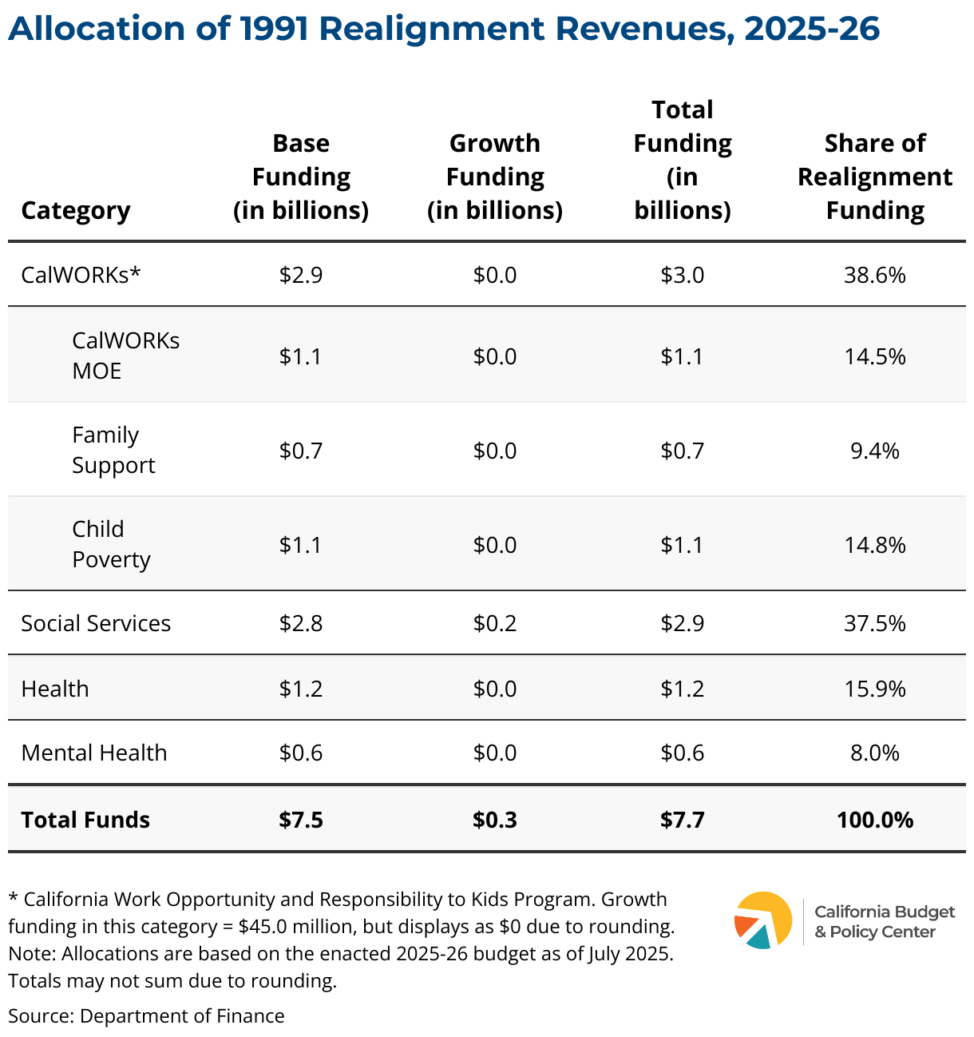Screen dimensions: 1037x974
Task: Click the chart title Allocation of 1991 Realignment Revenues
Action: (444, 29)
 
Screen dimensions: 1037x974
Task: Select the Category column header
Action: (76, 210)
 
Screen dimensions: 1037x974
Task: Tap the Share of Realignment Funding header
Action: (875, 177)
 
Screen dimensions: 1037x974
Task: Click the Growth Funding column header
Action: (495, 177)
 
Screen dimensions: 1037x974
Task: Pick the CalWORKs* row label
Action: (81, 275)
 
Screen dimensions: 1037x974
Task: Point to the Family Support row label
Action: (113, 450)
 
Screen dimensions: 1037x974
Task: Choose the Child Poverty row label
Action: (111, 544)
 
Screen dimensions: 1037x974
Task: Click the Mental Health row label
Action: (94, 753)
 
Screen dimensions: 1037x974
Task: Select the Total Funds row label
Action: (85, 820)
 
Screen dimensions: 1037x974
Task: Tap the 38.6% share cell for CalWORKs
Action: (875, 275)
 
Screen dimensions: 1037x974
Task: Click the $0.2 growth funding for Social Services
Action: (495, 623)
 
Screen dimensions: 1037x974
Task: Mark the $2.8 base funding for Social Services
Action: (301, 623)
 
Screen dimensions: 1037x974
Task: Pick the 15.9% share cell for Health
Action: (875, 689)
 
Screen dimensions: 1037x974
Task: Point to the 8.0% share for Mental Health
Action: (875, 753)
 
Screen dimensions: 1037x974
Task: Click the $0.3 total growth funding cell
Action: (495, 820)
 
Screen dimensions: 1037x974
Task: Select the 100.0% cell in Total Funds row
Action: (875, 820)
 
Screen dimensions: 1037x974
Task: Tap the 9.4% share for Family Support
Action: (875, 451)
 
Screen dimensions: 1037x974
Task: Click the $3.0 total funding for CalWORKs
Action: (683, 275)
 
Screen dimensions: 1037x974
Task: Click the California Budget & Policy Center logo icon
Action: (763, 920)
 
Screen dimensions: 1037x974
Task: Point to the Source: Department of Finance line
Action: (146, 1015)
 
